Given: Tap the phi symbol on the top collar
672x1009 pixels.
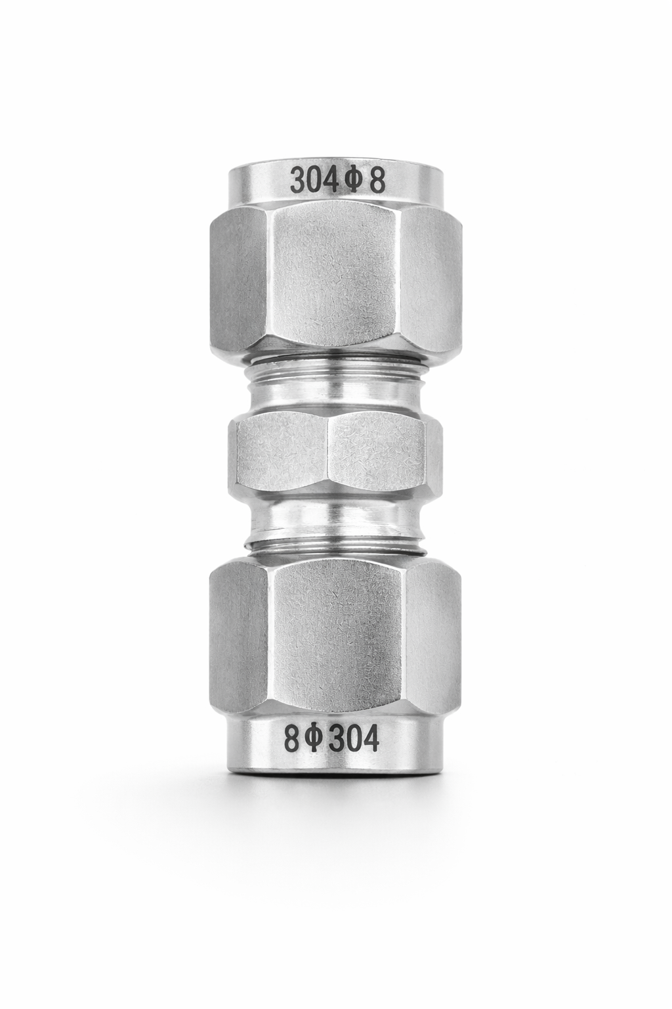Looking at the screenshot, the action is pos(354,182).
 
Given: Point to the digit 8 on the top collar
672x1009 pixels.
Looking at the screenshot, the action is pos(377,182).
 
